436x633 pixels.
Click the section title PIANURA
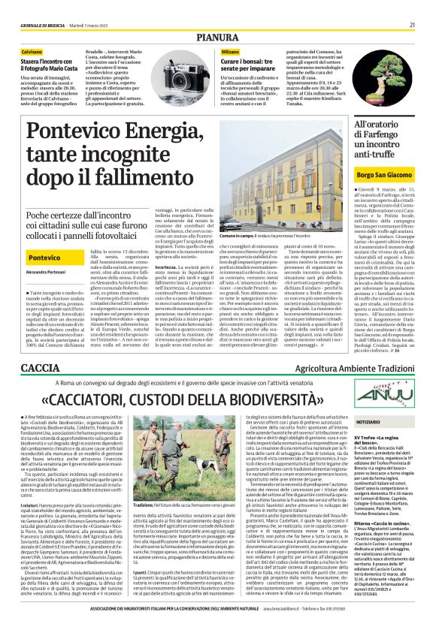point(218,37)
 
